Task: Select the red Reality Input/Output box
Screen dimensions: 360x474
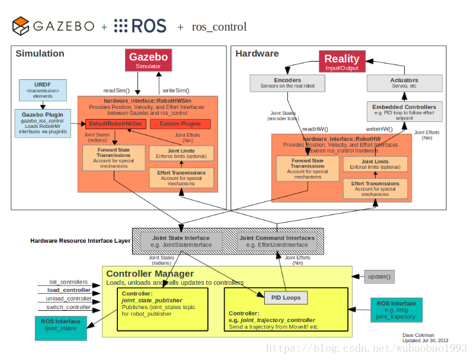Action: pyautogui.click(x=341, y=61)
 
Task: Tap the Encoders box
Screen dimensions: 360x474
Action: pyautogui.click(x=287, y=83)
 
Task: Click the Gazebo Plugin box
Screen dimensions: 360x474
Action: pyautogui.click(x=42, y=123)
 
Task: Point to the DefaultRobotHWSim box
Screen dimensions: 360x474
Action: pyautogui.click(x=116, y=124)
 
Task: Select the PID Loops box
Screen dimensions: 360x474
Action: pyautogui.click(x=286, y=297)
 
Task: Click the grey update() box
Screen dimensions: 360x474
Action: pyautogui.click(x=380, y=277)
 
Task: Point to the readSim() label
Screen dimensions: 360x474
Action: pyautogui.click(x=117, y=91)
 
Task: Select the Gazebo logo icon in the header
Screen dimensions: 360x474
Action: pyautogui.click(x=21, y=26)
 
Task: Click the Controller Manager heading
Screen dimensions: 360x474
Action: pyautogui.click(x=150, y=274)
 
